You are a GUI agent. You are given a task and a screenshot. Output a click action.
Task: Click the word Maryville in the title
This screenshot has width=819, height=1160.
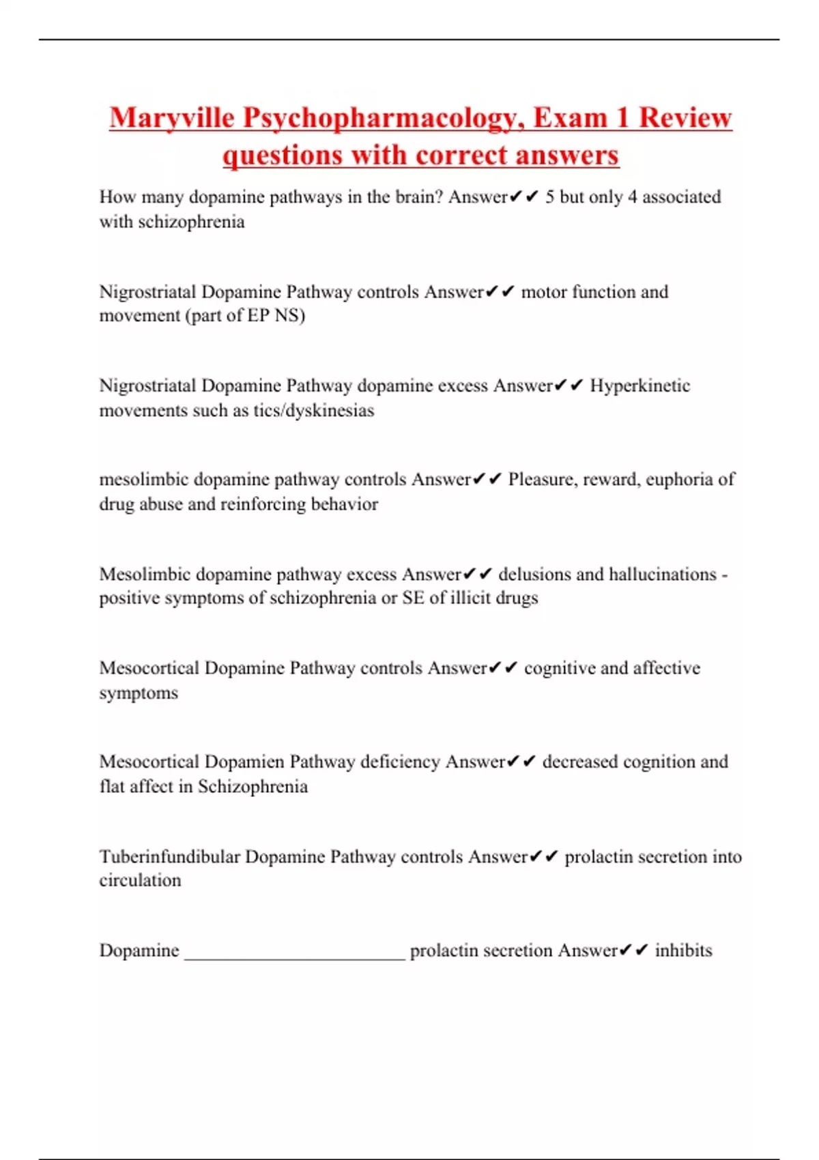172,117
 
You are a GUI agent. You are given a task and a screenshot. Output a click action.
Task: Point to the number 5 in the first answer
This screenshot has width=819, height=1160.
549,197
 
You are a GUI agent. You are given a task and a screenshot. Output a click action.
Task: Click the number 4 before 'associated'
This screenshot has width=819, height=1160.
632,197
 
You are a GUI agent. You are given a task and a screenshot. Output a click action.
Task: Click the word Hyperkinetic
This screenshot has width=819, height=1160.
640,386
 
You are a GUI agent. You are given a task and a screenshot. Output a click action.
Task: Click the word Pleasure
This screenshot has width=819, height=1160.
543,480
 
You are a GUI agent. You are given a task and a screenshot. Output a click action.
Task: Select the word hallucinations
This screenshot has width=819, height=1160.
662,575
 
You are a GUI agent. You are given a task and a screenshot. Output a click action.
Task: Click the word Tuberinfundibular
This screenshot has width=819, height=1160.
169,857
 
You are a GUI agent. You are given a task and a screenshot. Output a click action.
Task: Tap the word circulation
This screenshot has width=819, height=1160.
140,881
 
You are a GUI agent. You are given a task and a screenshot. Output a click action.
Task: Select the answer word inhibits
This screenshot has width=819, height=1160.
683,951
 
